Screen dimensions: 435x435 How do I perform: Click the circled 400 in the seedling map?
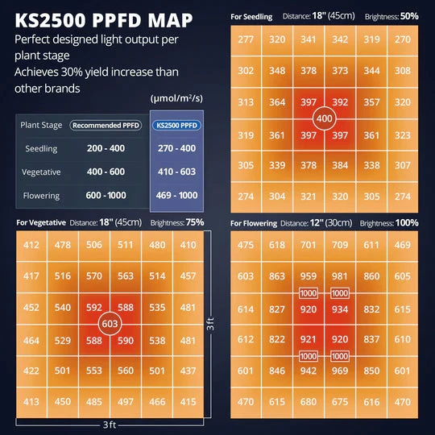point(324,118)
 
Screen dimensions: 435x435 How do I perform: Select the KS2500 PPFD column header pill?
point(177,126)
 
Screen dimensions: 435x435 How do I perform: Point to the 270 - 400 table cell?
point(177,149)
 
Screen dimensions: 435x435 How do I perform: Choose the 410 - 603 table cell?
point(177,172)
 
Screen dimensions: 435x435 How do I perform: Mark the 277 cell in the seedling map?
point(246,39)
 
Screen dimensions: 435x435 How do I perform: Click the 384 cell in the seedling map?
point(341,165)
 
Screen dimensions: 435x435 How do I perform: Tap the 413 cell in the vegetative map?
point(31,400)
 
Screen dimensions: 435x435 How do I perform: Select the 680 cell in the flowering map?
point(309,402)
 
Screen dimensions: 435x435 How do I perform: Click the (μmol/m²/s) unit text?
point(176,97)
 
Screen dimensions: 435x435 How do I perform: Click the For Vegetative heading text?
point(39,222)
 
